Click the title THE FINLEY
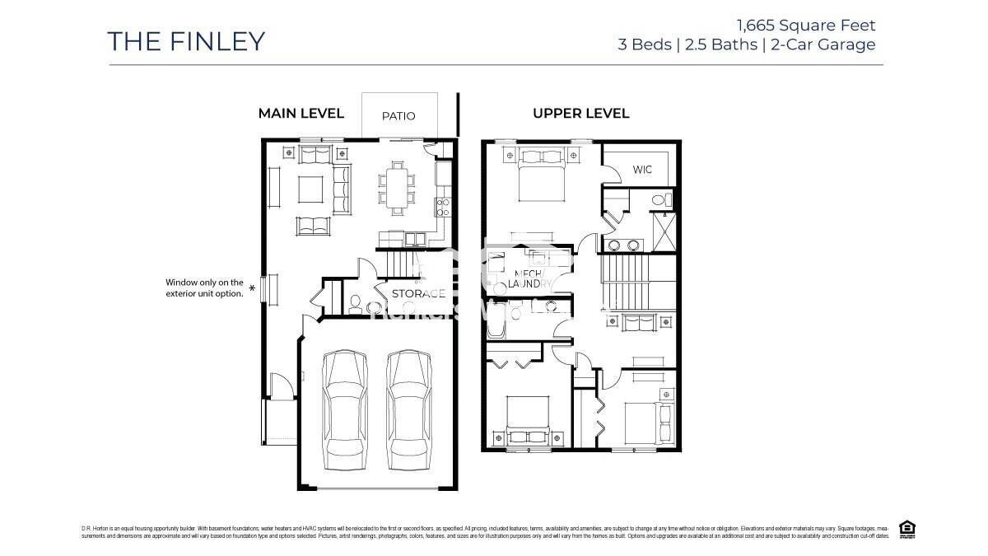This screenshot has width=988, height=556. pyautogui.click(x=186, y=41)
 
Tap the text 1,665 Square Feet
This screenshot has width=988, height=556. pyautogui.click(x=808, y=25)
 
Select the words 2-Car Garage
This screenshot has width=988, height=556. pyautogui.click(x=823, y=44)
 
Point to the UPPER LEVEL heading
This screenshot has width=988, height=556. pyautogui.click(x=580, y=114)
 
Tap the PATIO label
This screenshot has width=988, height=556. pyautogui.click(x=398, y=116)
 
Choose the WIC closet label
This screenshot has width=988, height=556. pyautogui.click(x=642, y=170)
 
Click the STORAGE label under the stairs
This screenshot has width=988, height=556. pyautogui.click(x=418, y=293)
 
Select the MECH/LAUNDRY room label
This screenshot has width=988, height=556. pyautogui.click(x=524, y=278)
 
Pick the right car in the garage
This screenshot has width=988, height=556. pyautogui.click(x=409, y=404)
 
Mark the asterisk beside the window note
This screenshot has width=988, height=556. pyautogui.click(x=252, y=288)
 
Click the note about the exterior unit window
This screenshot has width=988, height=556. pyautogui.click(x=204, y=287)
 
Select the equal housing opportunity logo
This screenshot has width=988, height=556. pyautogui.click(x=907, y=529)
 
